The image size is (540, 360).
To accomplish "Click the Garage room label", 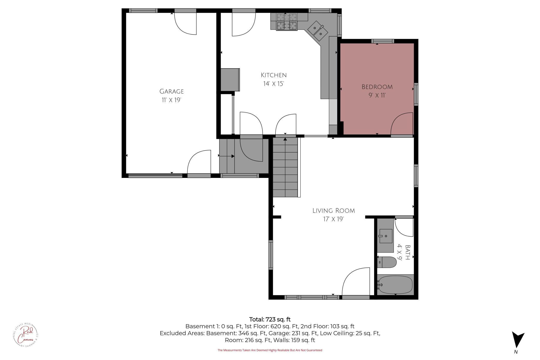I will (x=171, y=91).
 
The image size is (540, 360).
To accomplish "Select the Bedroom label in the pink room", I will (x=377, y=87).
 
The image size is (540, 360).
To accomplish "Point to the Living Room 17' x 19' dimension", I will (x=333, y=219).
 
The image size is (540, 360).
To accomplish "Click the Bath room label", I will (x=408, y=252).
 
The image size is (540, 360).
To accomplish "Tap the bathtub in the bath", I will (x=395, y=285).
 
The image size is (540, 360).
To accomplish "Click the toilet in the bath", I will (x=387, y=263).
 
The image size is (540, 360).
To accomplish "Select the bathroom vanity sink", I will (x=386, y=236).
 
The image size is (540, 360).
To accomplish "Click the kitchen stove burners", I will (x=287, y=22).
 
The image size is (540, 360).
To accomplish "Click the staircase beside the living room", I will (x=285, y=168).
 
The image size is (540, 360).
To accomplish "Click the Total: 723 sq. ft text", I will (x=270, y=319).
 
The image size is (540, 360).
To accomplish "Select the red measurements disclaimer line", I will (x=270, y=350).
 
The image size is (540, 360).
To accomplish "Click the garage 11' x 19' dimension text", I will (x=171, y=100).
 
